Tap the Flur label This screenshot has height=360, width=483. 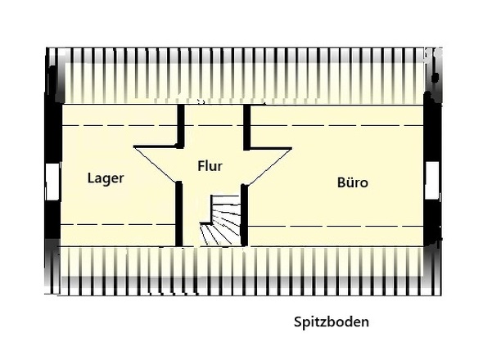(x=210, y=165)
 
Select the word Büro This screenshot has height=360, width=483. (x=352, y=182)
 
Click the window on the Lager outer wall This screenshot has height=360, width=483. (x=52, y=182)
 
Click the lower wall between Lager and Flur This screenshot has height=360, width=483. (x=179, y=213)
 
